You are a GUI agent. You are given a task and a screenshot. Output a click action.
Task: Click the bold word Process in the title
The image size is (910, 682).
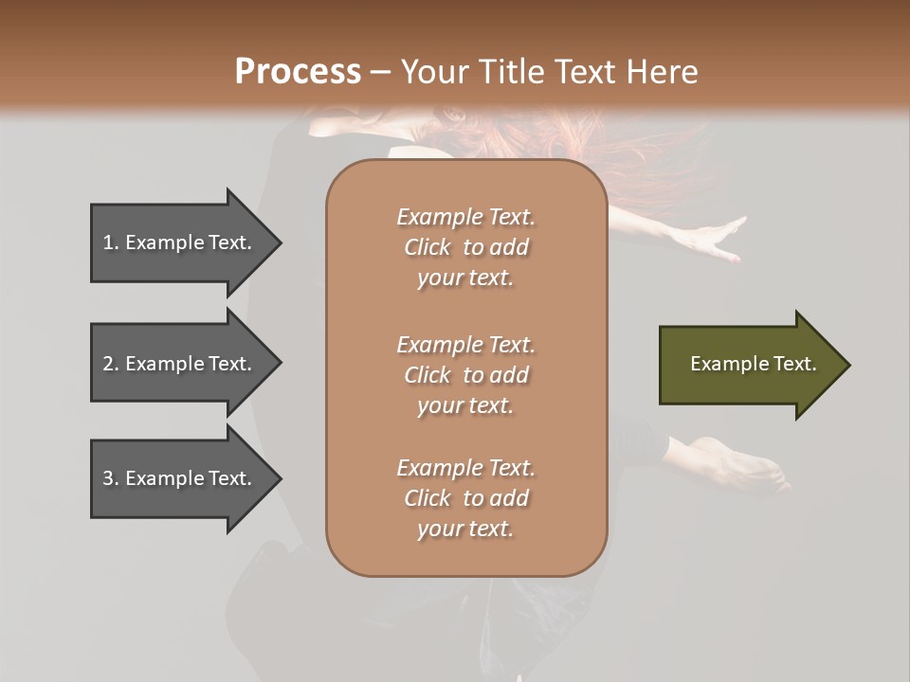coord(298,71)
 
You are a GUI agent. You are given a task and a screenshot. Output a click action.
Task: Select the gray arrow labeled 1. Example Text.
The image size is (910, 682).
coord(180,242)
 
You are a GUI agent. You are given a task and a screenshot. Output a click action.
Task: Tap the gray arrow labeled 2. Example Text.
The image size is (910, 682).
coord(180,364)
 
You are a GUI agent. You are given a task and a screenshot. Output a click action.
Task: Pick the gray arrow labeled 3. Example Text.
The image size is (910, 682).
coord(180,478)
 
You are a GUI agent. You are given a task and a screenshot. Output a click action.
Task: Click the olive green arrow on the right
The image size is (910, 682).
coord(749,365)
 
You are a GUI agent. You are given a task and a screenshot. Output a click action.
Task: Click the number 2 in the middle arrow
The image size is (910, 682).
coord(108,364)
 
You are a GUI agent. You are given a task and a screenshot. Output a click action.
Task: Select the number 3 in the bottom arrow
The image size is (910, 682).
coord(108,478)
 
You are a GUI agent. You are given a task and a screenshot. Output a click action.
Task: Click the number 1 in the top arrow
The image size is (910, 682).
coord(108,242)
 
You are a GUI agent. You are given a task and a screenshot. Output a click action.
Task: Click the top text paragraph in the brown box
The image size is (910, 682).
coord(465,247)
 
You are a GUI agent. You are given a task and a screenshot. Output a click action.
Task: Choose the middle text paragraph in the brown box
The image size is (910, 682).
coord(465,375)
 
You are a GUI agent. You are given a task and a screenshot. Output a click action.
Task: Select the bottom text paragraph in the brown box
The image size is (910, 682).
coord(465,498)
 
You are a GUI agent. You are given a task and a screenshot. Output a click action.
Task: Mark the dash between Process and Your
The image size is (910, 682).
coord(381,72)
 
